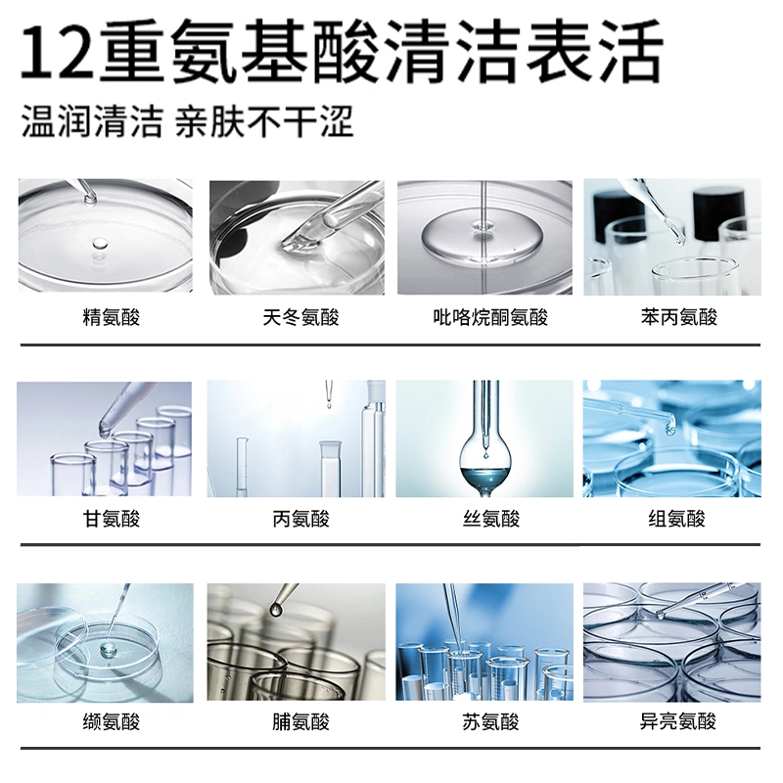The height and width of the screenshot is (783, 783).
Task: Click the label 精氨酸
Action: coord(111,317)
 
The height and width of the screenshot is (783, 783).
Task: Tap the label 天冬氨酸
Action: coord(300,317)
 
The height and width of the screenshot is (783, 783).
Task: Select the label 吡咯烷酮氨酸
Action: coord(490,317)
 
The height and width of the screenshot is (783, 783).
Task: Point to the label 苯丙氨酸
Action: coord(678,317)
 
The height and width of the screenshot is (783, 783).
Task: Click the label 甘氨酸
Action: coord(111,520)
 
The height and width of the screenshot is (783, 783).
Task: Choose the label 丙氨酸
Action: coord(300,520)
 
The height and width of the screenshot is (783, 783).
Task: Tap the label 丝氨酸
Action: coord(491,520)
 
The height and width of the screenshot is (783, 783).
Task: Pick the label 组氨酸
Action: coord(676,520)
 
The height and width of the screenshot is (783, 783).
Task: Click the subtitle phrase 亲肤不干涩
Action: coord(264,121)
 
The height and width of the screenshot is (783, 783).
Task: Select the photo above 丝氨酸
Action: coord(484,438)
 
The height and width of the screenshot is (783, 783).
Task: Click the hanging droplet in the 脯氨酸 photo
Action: coord(275,609)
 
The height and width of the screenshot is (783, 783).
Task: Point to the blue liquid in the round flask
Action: coord(484,476)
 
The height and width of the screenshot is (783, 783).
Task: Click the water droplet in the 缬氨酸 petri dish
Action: coord(109,650)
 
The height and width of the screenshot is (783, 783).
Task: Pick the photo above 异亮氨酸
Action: coord(672,642)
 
